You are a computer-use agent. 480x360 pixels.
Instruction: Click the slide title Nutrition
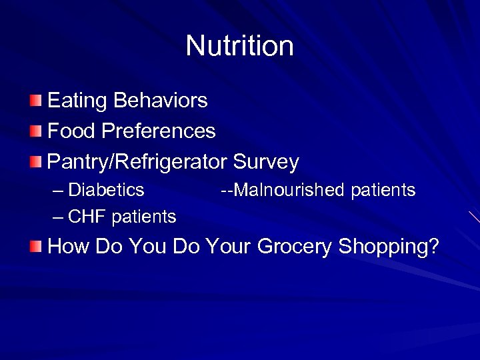tap(239, 46)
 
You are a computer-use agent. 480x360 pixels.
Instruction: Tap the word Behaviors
tap(161, 101)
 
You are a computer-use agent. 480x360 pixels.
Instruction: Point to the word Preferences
tap(159, 131)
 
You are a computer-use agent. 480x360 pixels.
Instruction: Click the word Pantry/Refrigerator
tap(138, 161)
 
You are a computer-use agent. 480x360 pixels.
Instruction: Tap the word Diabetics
tap(107, 190)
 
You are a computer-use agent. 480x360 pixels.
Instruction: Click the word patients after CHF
tap(144, 217)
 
